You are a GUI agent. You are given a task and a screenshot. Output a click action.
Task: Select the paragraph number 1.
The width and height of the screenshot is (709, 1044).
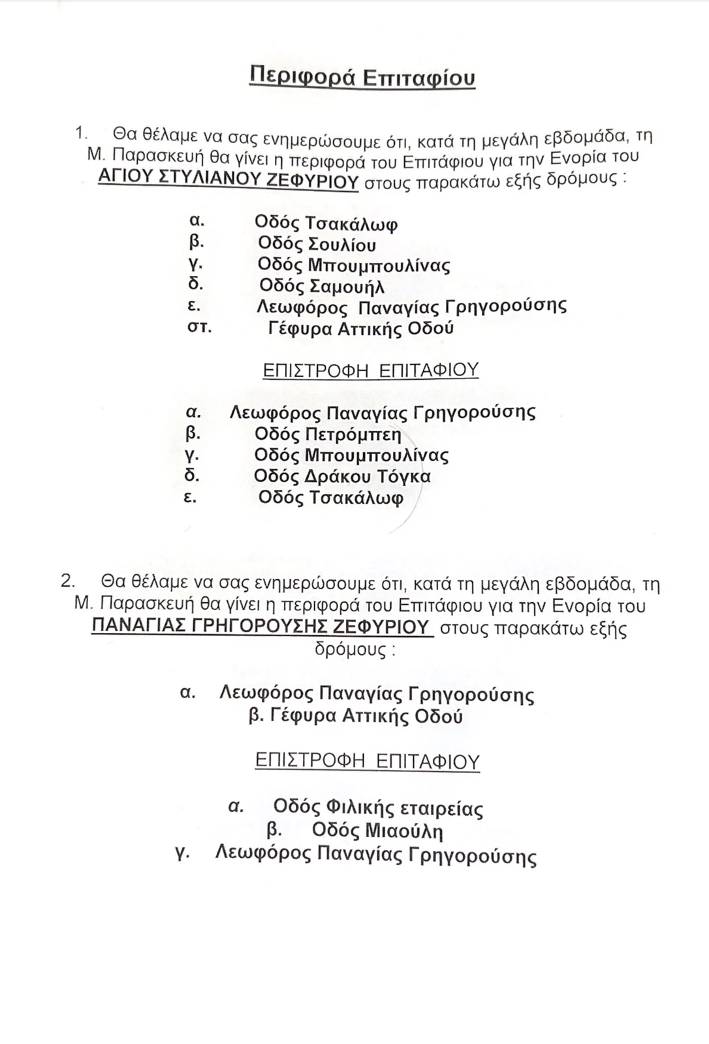point(80,133)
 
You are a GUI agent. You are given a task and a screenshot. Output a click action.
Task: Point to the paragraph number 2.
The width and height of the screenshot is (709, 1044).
point(67,581)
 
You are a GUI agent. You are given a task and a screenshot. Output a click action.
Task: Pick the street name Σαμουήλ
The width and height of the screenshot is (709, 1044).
point(346,286)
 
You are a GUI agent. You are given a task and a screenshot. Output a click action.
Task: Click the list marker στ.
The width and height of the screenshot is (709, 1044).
point(198,327)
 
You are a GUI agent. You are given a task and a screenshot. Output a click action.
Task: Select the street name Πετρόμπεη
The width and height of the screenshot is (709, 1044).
point(353,434)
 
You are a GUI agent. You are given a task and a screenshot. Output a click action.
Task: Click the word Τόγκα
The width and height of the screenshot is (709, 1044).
point(403,477)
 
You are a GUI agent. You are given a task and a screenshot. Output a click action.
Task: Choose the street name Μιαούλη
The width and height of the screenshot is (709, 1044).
point(403,831)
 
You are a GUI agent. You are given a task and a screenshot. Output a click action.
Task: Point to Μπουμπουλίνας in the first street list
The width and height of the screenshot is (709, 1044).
point(379,266)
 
